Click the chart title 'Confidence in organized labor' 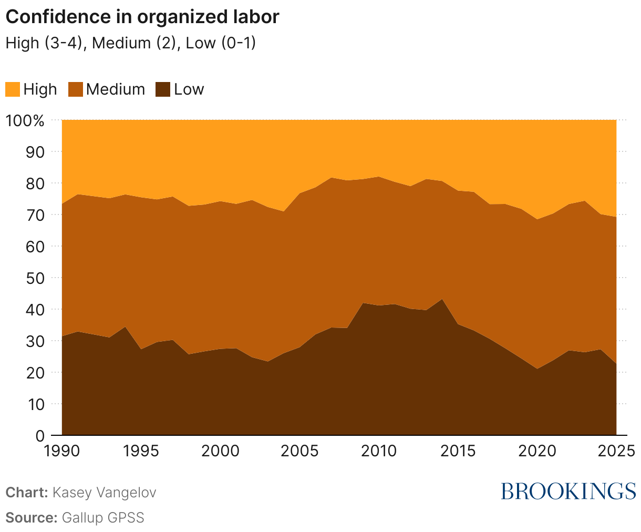point(142,17)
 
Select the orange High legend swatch point(13,89)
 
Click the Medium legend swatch point(76,89)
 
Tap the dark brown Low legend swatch point(163,89)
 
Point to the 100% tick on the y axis point(25,120)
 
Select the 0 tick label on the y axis point(40,435)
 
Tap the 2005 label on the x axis point(299,451)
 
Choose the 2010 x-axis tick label point(378,451)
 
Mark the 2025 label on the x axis point(615,451)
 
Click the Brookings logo point(568,491)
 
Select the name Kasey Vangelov point(104,493)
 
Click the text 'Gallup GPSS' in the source point(103,517)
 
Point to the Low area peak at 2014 point(442,300)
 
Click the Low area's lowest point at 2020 point(536,369)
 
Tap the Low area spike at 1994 point(125,327)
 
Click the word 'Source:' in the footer point(31,517)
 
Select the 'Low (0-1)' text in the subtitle point(221,43)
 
